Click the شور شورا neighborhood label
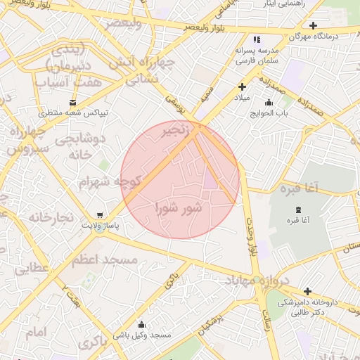[177, 207]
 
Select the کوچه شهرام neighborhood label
[110, 183]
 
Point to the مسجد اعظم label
[101, 259]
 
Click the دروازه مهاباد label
[257, 281]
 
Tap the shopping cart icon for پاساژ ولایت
[102, 214]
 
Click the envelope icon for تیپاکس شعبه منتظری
[72, 103]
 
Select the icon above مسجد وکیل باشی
[143, 325]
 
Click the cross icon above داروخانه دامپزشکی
[307, 291]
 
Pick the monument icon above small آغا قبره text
[298, 210]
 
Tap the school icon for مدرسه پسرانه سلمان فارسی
[256, 39]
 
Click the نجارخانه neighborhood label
[51, 217]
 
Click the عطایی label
[32, 268]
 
